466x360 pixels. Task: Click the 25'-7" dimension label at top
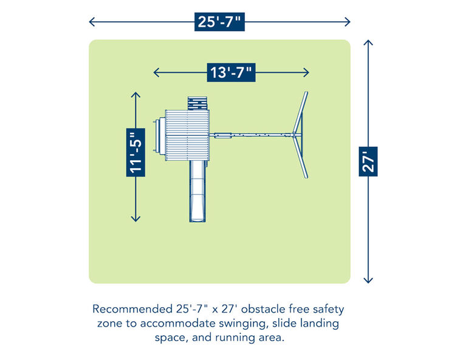click(219, 22)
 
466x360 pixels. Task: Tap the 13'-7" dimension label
click(231, 72)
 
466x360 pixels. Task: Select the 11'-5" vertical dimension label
click(135, 152)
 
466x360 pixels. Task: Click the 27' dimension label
click(368, 161)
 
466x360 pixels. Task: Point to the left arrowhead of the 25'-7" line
click(92, 22)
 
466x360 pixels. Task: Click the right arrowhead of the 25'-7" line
click(348, 22)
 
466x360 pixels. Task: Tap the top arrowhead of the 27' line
click(368, 42)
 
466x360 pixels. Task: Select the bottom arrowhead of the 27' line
click(368, 280)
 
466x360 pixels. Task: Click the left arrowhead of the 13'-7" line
click(156, 72)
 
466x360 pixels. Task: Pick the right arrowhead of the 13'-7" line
click(306, 72)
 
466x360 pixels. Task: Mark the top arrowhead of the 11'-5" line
click(135, 95)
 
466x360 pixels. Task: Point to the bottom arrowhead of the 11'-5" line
click(135, 219)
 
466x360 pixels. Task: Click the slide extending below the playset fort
click(198, 191)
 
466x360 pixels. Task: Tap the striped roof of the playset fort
click(187, 135)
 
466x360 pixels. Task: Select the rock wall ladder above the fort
click(197, 103)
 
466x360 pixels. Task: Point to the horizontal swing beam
click(251, 135)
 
